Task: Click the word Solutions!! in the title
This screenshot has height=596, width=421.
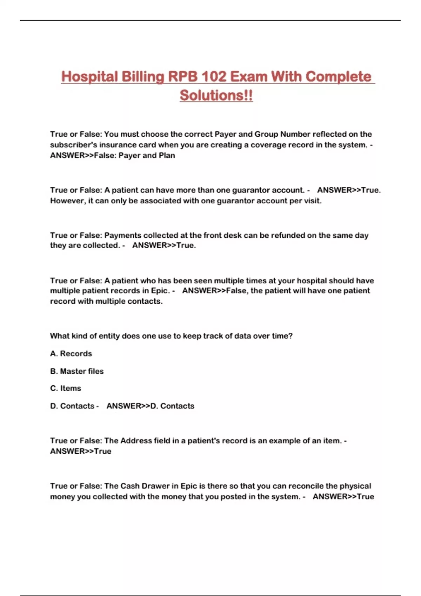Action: point(216,95)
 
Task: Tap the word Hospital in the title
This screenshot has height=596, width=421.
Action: point(89,76)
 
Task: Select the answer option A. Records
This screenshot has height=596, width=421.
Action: point(71,353)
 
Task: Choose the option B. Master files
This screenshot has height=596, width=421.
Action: point(77,371)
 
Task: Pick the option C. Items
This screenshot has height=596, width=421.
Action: point(66,388)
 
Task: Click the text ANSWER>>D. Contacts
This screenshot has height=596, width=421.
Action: point(150,406)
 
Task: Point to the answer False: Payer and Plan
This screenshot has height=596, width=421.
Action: point(134,155)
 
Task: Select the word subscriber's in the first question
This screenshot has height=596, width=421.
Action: point(73,145)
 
